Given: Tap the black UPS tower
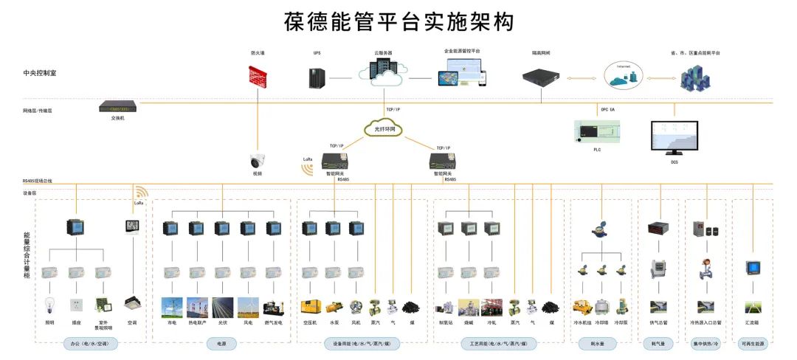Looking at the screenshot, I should pos(318,77).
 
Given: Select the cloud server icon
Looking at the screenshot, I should pos(383,72).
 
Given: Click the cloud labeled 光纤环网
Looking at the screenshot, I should pos(384,129).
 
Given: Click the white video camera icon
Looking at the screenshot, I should pos(258,162).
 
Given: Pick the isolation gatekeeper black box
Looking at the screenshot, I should pos(542,75).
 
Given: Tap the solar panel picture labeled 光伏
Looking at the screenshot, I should pos(223,306).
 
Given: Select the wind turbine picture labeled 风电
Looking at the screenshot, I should pos(249,306).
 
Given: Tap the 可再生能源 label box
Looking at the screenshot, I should pos(753,343).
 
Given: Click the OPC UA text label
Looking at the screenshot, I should pos(607,109).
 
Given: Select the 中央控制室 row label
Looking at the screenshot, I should pos(40,73).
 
